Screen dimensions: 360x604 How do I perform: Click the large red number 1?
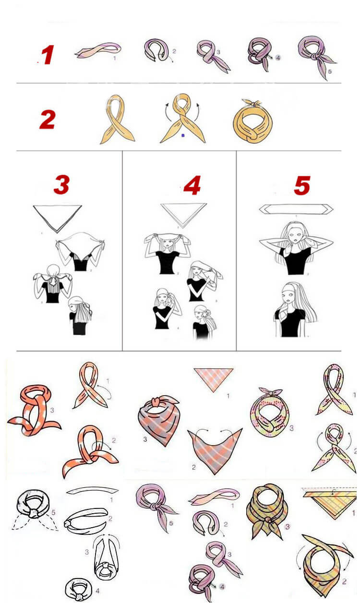click(x=48, y=55)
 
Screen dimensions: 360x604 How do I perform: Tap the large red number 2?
click(x=48, y=119)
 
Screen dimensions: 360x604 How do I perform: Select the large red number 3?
click(x=62, y=185)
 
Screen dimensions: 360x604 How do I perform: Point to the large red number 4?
click(x=192, y=185)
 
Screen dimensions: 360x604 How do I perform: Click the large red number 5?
click(x=302, y=185)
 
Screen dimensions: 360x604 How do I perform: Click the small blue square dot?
click(x=183, y=135)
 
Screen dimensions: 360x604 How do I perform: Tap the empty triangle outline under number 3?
click(x=58, y=218)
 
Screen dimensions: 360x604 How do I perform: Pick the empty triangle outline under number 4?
click(x=184, y=215)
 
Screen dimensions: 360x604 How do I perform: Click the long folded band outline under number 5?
click(x=296, y=209)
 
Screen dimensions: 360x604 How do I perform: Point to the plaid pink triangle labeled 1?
click(x=213, y=379)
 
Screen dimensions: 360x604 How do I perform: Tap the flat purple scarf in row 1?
click(x=98, y=50)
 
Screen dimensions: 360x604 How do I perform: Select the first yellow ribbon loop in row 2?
click(x=117, y=119)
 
